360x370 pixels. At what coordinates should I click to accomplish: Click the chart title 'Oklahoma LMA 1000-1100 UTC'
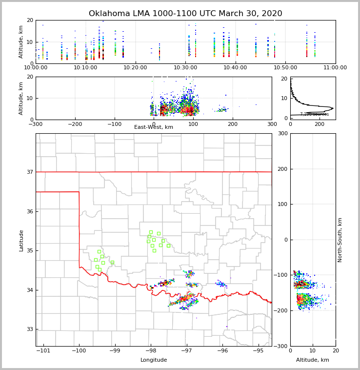point(185,14)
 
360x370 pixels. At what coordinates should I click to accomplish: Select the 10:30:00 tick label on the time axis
point(185,67)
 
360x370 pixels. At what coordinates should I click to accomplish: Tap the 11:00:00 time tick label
point(335,67)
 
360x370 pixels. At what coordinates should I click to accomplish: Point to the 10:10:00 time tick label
point(85,67)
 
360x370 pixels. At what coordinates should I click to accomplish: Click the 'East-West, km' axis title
point(154,127)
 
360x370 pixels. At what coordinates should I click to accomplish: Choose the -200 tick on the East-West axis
point(74,124)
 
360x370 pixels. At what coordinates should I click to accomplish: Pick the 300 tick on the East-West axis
point(272,124)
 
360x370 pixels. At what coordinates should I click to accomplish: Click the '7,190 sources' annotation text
point(314,114)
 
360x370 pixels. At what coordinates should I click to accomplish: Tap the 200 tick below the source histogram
point(320,124)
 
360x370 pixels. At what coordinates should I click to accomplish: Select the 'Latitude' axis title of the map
point(21,240)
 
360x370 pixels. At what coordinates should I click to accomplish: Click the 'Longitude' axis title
point(154,360)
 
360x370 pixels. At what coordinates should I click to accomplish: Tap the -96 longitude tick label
point(222,350)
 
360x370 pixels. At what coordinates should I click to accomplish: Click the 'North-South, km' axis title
point(340,240)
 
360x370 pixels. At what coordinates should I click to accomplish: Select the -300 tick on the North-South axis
point(281,346)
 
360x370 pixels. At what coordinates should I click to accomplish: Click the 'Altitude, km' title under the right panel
point(313,360)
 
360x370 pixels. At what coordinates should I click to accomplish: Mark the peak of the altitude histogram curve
point(333,108)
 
